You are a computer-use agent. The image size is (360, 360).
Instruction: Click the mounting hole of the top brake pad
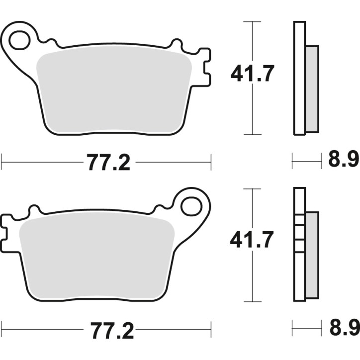click(x=19, y=40)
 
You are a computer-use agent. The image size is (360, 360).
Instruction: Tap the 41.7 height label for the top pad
click(x=252, y=75)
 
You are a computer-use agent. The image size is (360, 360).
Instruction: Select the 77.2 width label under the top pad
click(x=109, y=163)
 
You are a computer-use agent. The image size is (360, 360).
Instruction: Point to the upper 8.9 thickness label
click(x=344, y=161)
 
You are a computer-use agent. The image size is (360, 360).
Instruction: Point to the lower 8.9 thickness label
click(x=344, y=328)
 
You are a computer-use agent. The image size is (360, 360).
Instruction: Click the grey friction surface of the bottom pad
click(x=97, y=256)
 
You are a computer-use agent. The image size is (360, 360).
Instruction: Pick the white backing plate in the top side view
click(x=299, y=78)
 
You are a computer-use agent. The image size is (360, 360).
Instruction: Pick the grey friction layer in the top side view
click(x=312, y=89)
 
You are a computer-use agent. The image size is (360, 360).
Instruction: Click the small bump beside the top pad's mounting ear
click(x=49, y=43)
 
